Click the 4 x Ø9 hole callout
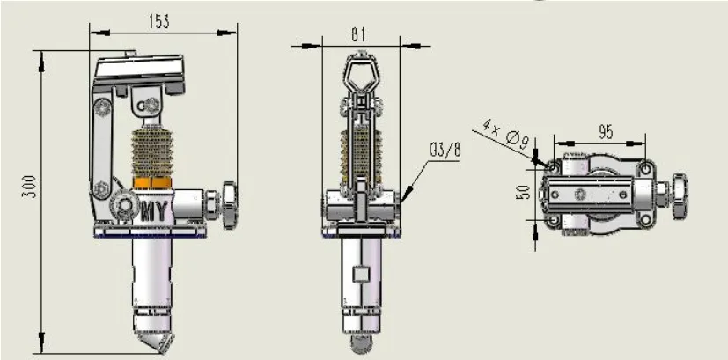tap(504, 132)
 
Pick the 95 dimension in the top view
tap(605, 132)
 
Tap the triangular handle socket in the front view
tap(359, 70)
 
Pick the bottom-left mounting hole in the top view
tap(555, 219)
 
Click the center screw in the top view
tap(580, 193)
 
